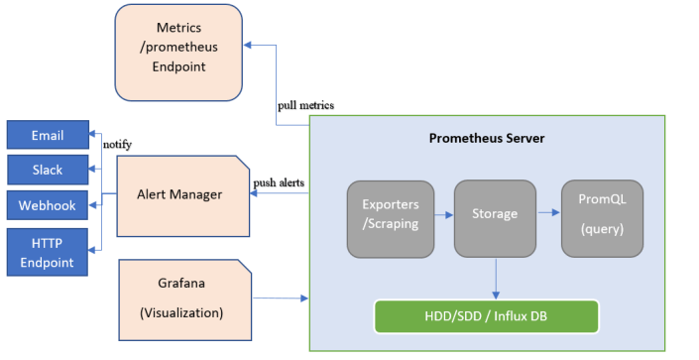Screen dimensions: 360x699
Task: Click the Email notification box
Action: [x=48, y=135]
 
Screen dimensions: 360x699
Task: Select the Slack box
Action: [x=48, y=170]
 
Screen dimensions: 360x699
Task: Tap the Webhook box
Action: [x=48, y=205]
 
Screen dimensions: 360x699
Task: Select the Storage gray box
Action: [x=495, y=214]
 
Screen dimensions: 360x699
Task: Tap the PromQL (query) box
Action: [x=602, y=214]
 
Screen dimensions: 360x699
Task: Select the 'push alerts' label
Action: [x=279, y=183]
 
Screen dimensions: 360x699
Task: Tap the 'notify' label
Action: [x=117, y=145]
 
